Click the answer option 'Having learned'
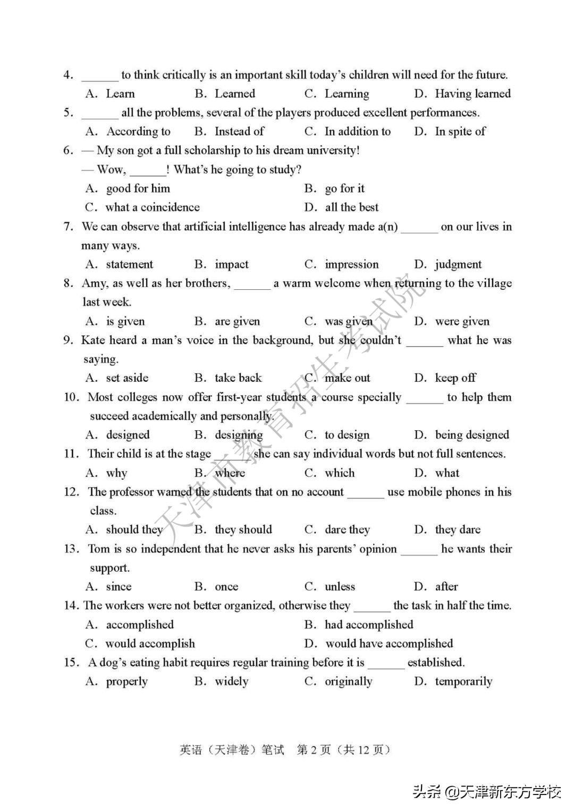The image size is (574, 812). pyautogui.click(x=472, y=94)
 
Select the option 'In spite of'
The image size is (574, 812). pyautogui.click(x=460, y=132)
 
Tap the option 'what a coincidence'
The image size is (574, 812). pyautogui.click(x=153, y=207)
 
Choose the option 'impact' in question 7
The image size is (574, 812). pyautogui.click(x=231, y=265)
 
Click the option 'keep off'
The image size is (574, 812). pyautogui.click(x=455, y=378)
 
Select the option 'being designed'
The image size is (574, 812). pyautogui.click(x=471, y=435)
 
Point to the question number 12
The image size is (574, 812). pyautogui.click(x=71, y=492)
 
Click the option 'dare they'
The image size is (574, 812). pyautogui.click(x=347, y=530)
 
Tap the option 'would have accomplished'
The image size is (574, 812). pyautogui.click(x=389, y=643)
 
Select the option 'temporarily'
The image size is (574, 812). pyautogui.click(x=463, y=682)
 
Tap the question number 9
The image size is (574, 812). pyautogui.click(x=68, y=340)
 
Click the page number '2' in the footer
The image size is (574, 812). pyautogui.click(x=314, y=750)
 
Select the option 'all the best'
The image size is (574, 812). pyautogui.click(x=351, y=207)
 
